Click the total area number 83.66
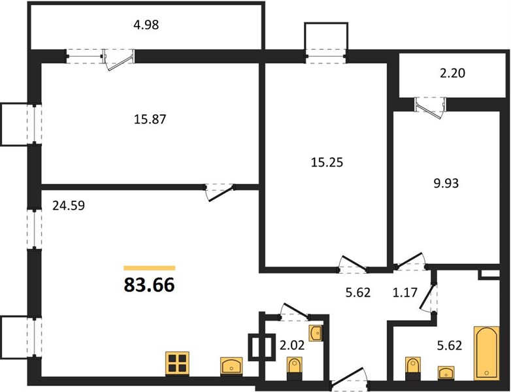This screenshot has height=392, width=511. point(149,285)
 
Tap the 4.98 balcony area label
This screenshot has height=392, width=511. point(146,25)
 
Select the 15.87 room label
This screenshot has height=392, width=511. point(150,120)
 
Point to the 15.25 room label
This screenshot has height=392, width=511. point(327,162)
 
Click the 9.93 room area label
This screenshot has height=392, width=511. point(446,183)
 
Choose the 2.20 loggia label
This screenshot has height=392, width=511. point(452,73)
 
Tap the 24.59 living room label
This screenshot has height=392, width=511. point(69,206)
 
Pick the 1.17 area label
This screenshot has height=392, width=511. point(404,292)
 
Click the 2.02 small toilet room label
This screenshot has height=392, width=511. point(292,345)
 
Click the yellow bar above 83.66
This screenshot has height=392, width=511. point(149,268)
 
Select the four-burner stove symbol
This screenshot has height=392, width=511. point(177,363)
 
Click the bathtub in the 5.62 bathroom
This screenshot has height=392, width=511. point(487,353)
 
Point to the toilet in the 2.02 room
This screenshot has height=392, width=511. point(295,368)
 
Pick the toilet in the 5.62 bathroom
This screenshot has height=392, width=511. point(413,368)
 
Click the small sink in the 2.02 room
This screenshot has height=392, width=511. point(316,333)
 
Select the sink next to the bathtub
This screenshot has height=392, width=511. point(446,372)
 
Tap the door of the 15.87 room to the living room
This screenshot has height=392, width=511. point(220,192)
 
